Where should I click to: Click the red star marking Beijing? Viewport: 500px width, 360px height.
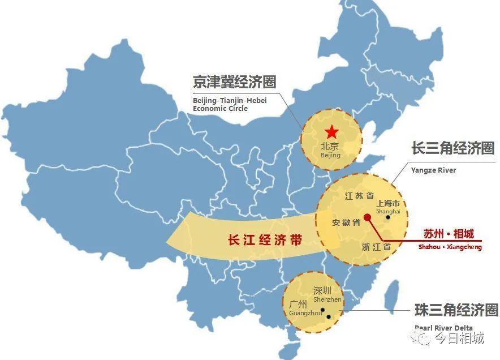331,132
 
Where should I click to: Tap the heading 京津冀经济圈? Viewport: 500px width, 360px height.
234,82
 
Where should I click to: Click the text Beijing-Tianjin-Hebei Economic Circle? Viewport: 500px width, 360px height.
229,104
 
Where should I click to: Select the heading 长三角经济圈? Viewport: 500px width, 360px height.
452,149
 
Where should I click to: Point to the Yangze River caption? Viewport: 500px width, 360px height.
433,170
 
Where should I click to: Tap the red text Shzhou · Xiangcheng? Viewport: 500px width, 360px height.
450,247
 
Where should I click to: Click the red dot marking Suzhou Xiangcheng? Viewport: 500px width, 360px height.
367,217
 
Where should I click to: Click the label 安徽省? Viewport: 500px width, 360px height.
346,223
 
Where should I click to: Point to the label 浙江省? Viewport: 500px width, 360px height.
376,247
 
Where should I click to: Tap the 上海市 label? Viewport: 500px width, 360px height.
388,203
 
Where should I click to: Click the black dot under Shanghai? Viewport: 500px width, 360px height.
388,217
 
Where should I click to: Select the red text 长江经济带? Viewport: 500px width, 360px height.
257,240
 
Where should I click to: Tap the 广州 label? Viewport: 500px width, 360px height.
298,304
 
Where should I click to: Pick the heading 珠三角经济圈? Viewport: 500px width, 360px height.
456,310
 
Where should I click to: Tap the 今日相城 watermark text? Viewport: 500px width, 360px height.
459,338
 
